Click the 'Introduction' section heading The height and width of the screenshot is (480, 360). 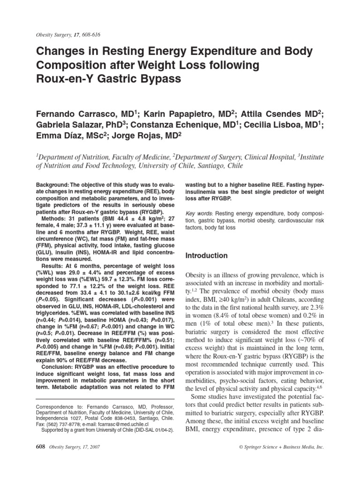pos(207,256)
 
